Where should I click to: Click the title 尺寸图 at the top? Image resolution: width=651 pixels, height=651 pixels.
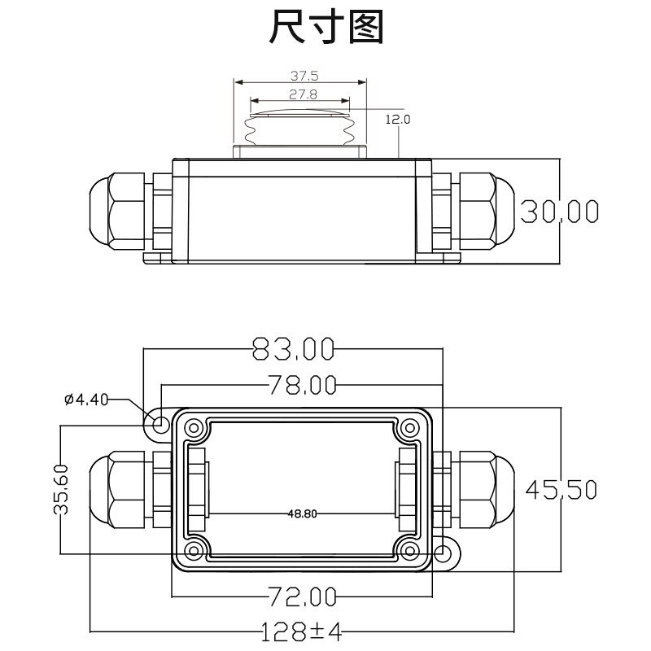point(326,27)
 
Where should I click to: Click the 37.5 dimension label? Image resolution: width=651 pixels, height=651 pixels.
point(304,76)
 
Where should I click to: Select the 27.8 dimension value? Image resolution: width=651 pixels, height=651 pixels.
point(303,94)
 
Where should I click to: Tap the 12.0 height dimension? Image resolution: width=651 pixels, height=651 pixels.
point(398,120)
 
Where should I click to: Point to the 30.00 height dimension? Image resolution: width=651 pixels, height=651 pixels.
point(559,212)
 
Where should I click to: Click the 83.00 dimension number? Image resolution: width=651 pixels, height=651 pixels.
point(294,349)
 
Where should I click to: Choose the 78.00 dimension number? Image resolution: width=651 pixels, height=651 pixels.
point(302,385)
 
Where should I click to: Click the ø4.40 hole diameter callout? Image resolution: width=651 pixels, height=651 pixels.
point(86,400)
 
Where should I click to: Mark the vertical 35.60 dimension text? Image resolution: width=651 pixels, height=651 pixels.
point(61,490)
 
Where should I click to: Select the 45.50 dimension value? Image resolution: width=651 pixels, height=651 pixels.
point(561,490)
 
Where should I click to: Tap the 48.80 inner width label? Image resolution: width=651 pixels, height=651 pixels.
point(302,514)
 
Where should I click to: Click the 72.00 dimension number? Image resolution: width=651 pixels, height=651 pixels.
point(302,597)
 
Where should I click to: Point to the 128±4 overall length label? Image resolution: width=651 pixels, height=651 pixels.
point(301,632)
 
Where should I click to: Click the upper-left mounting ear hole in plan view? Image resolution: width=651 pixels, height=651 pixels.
point(159,425)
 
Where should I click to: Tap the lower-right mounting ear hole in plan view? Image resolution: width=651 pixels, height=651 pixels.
point(443,553)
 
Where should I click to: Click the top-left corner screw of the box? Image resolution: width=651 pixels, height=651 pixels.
point(194,428)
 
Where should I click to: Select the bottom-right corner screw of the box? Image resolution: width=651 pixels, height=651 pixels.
point(410,551)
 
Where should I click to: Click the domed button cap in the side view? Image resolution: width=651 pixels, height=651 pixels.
point(300,113)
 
